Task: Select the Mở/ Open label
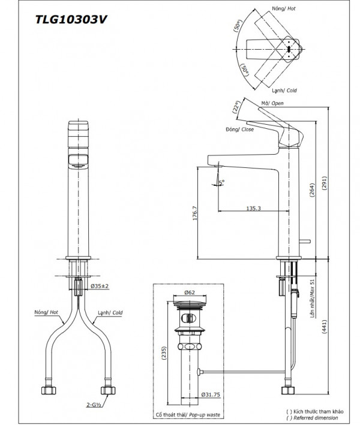pos(272,103)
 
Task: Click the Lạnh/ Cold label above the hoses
pos(109,312)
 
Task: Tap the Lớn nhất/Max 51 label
pos(312,306)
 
